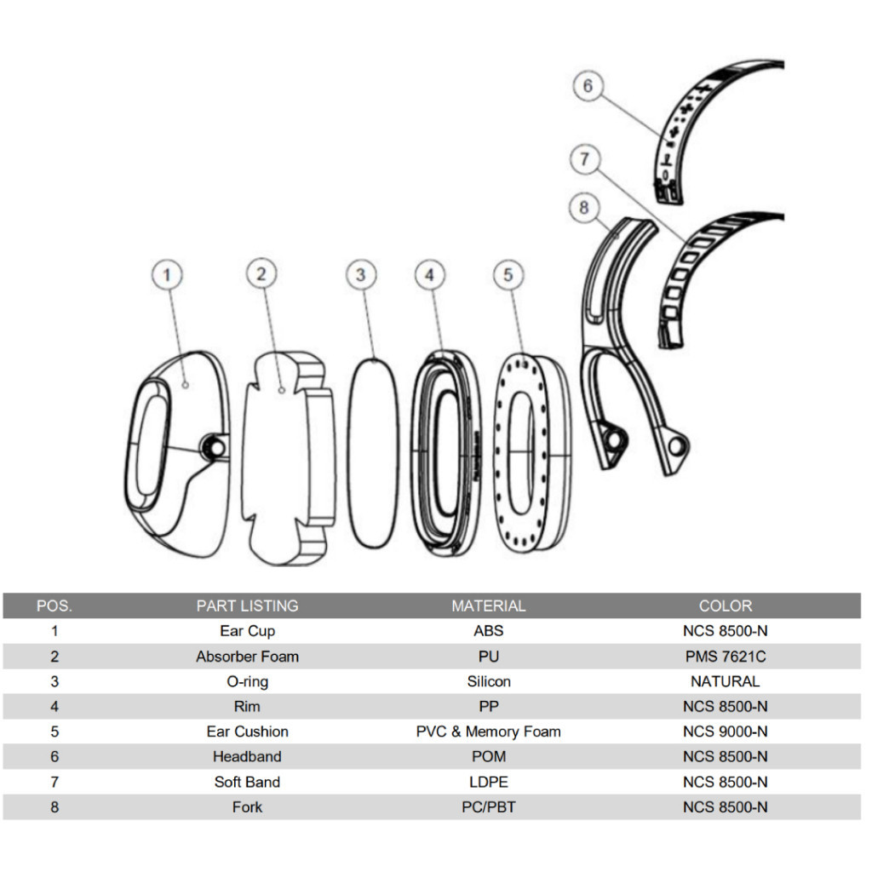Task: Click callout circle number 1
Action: (x=167, y=275)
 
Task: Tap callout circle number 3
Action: (x=361, y=275)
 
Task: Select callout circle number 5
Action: (x=508, y=275)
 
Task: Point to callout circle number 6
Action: (x=588, y=86)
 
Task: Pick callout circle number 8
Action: (x=583, y=207)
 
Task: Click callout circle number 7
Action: (x=585, y=159)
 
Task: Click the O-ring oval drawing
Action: (x=373, y=455)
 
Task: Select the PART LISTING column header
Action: (x=247, y=606)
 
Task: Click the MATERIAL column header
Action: (x=488, y=606)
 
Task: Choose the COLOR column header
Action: (x=725, y=606)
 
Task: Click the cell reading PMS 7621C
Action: (x=725, y=657)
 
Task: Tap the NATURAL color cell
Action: (x=725, y=681)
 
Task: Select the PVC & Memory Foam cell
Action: (x=488, y=731)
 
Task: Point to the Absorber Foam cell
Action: (x=247, y=657)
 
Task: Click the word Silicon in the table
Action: (x=488, y=681)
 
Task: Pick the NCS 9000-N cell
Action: (x=725, y=731)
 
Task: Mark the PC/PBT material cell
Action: (x=488, y=807)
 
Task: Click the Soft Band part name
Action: (x=247, y=782)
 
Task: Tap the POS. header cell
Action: (x=54, y=606)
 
